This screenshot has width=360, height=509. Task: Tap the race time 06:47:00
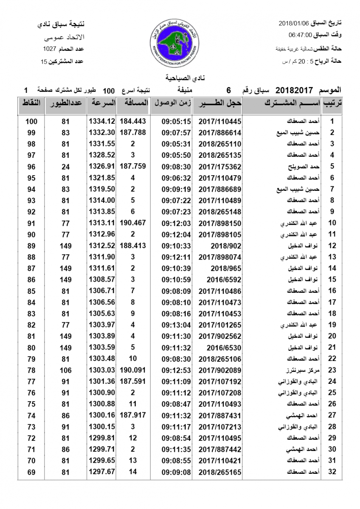[x=301, y=35]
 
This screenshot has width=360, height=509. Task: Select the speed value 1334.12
[x=102, y=121]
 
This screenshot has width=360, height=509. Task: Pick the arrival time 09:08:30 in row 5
[x=176, y=167]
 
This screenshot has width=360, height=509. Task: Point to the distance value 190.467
[x=133, y=223]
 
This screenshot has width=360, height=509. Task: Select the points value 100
[x=31, y=121]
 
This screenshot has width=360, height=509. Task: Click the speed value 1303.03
[x=102, y=369]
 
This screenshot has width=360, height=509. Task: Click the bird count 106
[x=65, y=369]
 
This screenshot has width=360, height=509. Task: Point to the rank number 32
[x=332, y=471]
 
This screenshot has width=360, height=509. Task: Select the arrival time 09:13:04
[x=176, y=324]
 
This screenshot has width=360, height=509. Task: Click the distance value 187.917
[x=133, y=415]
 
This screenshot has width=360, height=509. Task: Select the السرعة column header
[x=102, y=103]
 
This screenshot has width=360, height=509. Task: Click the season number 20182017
[x=294, y=90]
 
